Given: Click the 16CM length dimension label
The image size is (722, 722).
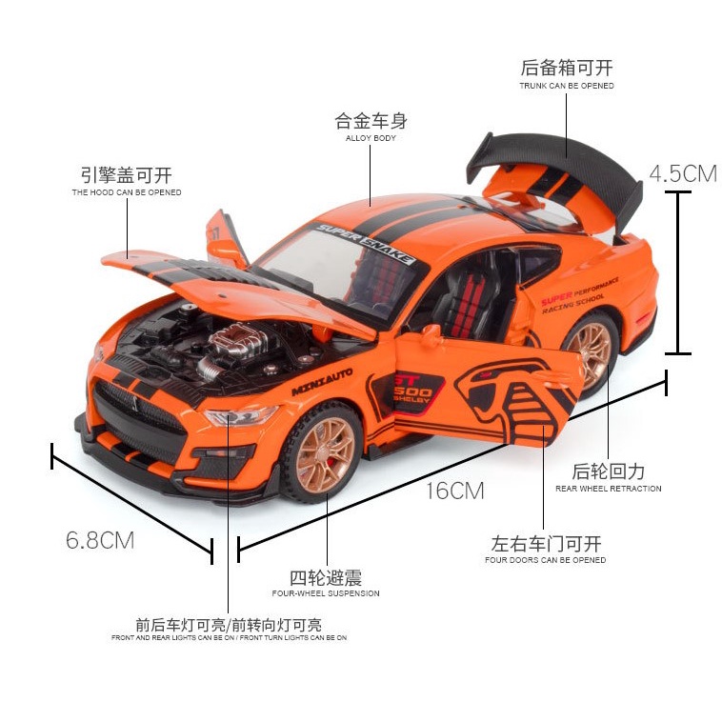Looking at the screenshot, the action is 454,491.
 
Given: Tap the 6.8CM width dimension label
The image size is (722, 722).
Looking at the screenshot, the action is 100,540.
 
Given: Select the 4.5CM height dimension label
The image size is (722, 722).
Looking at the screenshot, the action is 682,173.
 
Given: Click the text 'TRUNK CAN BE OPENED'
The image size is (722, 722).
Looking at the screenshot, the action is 566,86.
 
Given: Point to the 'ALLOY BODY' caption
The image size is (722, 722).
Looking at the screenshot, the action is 371,138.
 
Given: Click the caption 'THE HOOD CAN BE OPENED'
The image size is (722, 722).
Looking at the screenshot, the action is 127,192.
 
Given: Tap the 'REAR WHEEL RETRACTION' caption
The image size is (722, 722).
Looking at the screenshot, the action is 608,489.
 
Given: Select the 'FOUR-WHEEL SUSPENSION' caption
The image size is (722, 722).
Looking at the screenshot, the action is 326,593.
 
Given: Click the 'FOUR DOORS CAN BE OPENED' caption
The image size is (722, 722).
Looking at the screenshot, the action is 545,560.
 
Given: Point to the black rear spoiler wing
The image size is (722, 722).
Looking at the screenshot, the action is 552,162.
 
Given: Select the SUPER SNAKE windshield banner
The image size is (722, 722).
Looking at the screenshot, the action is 366,244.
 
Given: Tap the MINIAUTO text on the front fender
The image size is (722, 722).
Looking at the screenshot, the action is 322,381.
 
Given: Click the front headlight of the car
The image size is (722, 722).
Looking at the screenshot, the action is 238,416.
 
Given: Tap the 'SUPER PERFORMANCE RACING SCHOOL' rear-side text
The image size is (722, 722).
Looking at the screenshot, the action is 579,295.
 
